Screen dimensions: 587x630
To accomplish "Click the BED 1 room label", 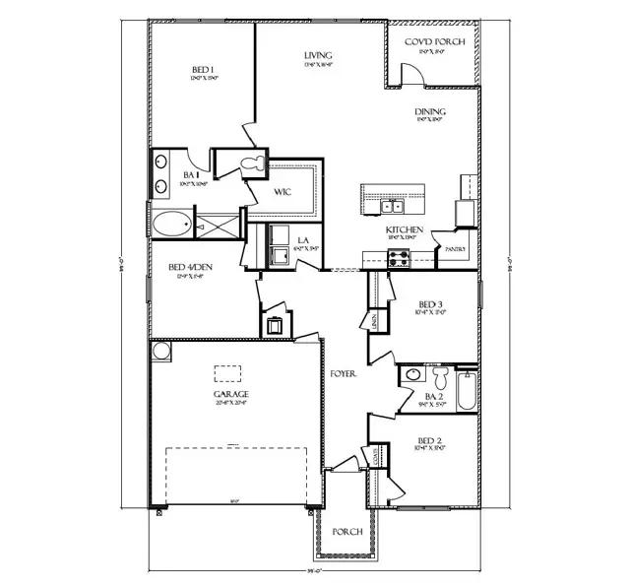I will coord(204,70).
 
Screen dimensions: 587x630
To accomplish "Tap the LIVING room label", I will coord(318,56).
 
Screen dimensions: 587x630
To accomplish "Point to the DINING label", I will coord(426,112).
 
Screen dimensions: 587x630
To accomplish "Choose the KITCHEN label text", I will coord(405,229).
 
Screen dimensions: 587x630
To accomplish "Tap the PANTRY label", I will coord(456,249).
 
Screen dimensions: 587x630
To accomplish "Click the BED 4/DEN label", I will coord(177,266).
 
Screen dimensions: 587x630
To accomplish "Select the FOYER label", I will coord(344,375).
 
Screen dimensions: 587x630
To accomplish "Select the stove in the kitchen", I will coord(399,258).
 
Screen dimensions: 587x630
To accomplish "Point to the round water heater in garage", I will coord(160,351).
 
